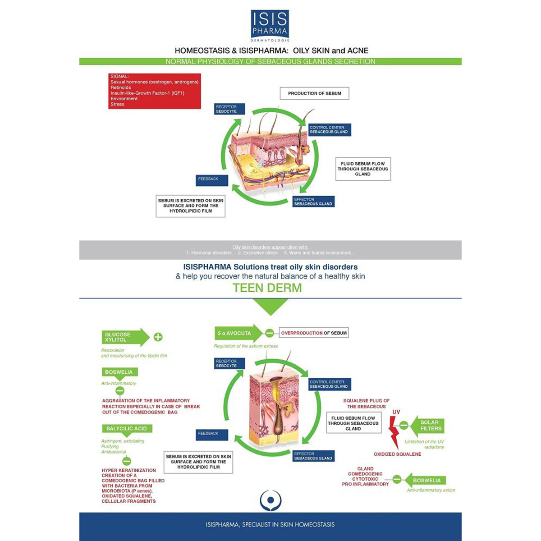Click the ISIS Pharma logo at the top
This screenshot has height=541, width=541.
pos(270,25)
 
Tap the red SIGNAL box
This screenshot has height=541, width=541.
pos(154,91)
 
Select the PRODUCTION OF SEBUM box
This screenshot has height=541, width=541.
pos(315,93)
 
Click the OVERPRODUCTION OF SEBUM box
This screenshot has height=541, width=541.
pos(314,333)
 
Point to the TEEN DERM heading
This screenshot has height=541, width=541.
pos(267,288)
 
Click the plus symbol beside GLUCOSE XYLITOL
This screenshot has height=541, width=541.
pos(158,337)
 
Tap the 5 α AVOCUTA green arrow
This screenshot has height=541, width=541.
pos(237,333)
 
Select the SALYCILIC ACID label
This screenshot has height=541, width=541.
pos(127,429)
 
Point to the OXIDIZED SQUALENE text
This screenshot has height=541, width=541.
pos(397,454)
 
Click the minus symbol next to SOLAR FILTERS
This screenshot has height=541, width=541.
pos(404,425)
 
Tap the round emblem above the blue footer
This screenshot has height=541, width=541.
pos(270,500)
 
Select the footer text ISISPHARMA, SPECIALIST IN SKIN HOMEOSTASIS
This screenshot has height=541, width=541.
pos(270,524)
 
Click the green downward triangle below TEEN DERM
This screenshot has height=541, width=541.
pos(270,307)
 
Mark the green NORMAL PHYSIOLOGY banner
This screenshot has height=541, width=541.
pos(270,61)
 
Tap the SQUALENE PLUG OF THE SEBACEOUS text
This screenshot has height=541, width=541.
pos(366,403)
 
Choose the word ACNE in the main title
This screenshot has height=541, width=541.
pos(358,50)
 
